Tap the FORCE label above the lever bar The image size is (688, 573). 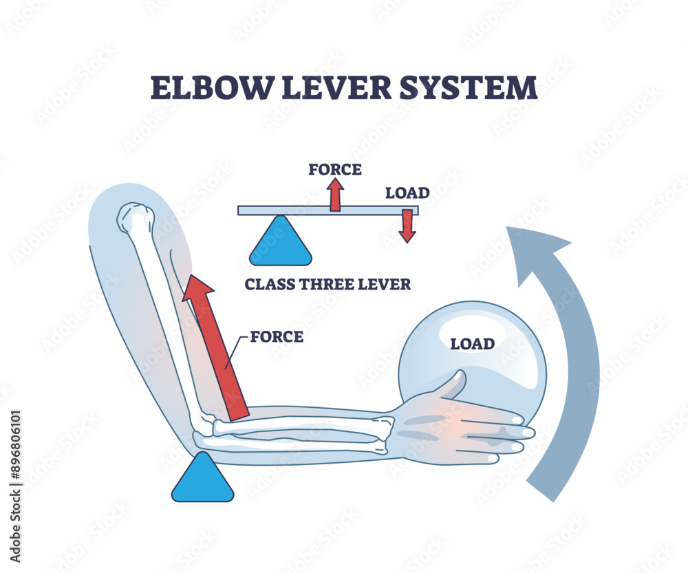click(x=335, y=169)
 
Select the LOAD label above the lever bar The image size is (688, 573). click(x=407, y=193)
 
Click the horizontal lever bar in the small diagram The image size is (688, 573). click(x=289, y=210)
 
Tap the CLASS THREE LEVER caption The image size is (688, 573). click(x=327, y=283)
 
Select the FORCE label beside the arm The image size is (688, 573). click(x=277, y=336)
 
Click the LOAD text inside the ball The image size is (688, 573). click(x=472, y=343)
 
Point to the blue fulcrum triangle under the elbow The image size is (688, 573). click(x=202, y=479)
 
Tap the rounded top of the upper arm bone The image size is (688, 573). click(x=134, y=218)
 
